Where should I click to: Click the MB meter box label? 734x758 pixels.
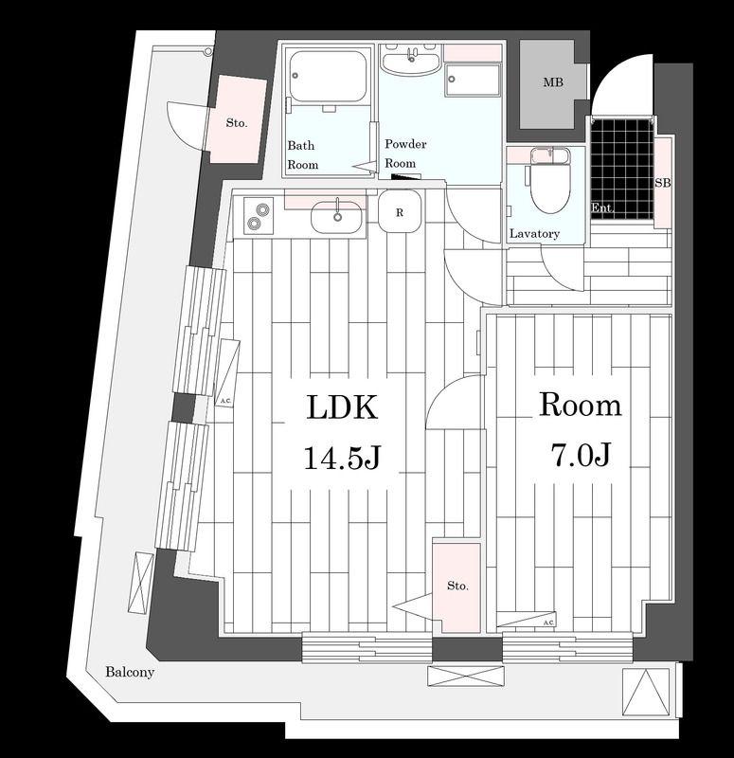553,82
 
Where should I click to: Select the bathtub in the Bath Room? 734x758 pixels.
328,78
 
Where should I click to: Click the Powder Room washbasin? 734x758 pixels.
411,60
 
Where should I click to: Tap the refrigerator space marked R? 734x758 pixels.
399,211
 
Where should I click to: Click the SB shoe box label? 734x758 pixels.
663,183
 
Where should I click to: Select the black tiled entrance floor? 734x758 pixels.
622,170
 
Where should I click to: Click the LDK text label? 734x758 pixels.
342,407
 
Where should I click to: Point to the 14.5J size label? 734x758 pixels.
343,457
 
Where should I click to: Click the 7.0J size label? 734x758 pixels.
582,455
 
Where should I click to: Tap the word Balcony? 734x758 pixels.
130,672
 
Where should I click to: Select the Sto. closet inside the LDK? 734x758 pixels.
457,587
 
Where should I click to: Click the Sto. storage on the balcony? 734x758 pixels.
237,121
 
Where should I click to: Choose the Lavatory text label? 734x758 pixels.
534,234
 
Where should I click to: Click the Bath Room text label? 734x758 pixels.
303,155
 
